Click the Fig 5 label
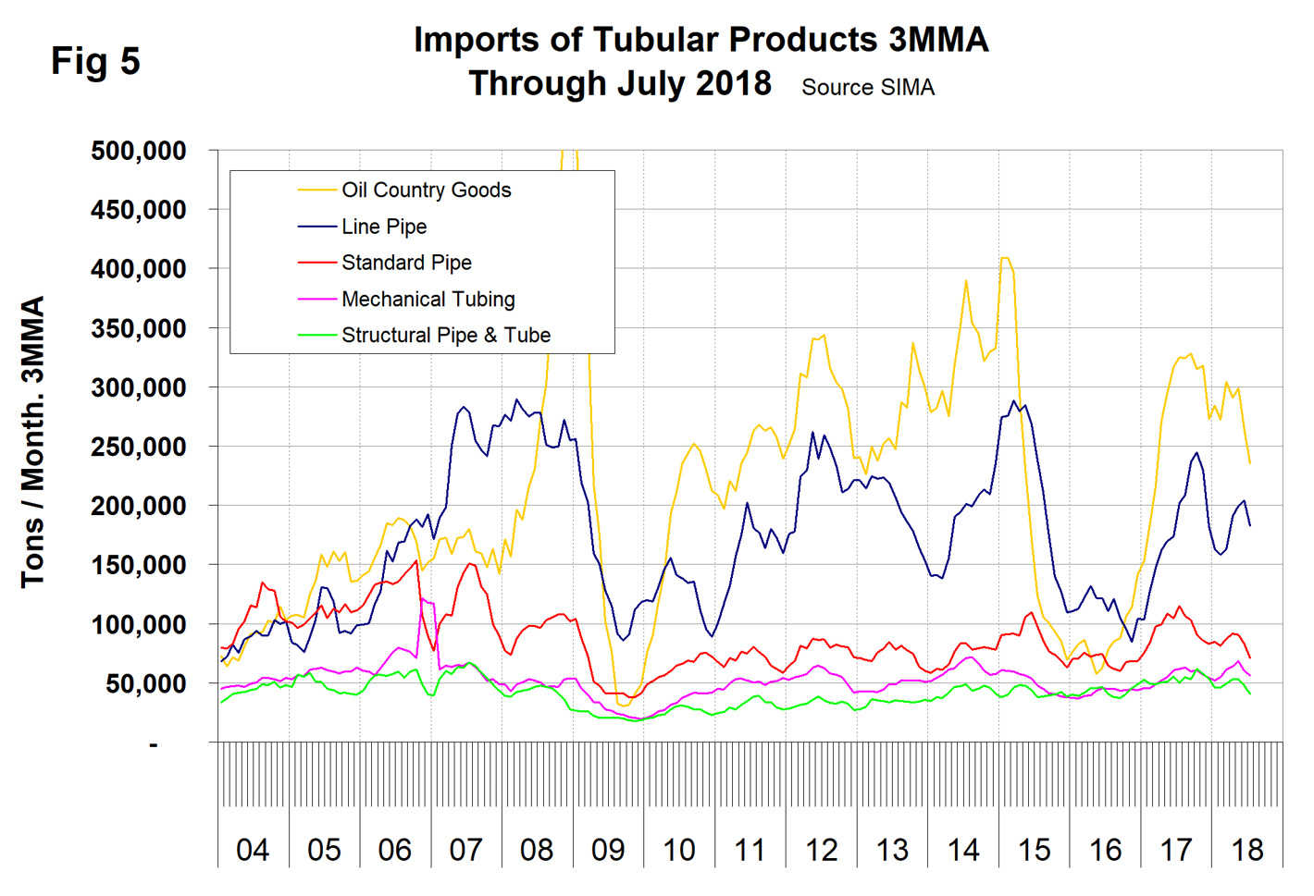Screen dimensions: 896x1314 95,61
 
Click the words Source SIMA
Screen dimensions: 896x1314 867,87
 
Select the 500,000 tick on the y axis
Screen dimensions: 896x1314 139,151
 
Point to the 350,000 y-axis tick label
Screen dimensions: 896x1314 139,328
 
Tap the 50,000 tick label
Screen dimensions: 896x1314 146,684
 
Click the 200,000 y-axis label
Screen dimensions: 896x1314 139,506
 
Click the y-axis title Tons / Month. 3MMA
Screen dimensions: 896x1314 33,442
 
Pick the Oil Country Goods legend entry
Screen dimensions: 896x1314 426,190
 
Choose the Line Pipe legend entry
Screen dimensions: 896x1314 384,227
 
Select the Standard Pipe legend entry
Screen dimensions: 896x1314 406,263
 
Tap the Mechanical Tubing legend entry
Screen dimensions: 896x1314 428,299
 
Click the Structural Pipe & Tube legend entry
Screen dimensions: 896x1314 446,335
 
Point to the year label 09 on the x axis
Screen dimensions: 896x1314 608,849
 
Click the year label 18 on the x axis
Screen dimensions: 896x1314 1246,849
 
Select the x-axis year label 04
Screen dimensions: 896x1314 253,849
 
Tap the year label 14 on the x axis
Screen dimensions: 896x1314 963,849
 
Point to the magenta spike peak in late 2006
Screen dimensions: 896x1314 421,598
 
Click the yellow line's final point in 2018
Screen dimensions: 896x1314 1250,463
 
